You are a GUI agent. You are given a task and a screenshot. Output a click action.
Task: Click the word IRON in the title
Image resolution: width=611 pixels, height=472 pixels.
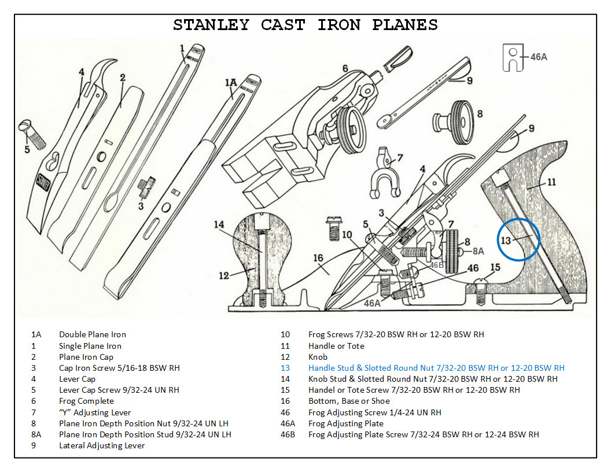pyautogui.click(x=339, y=25)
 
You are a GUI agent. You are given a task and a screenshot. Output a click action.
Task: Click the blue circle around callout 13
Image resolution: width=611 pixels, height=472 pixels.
pyautogui.click(x=518, y=239)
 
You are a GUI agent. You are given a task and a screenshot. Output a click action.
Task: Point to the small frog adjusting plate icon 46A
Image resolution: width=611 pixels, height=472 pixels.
pyautogui.click(x=513, y=57)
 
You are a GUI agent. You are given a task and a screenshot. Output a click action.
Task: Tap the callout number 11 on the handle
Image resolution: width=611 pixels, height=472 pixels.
pyautogui.click(x=551, y=182)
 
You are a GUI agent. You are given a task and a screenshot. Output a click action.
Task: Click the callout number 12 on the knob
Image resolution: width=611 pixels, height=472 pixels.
pyautogui.click(x=224, y=275)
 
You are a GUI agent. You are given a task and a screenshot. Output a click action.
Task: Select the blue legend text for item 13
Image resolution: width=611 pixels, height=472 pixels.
pyautogui.click(x=436, y=368)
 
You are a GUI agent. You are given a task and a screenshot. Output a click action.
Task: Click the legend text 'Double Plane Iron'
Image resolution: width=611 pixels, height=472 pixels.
pyautogui.click(x=92, y=334)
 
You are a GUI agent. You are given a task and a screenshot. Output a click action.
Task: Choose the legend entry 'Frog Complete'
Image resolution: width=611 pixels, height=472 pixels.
pyautogui.click(x=86, y=401)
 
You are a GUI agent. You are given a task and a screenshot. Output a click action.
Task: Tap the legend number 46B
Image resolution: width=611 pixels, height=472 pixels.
pyautogui.click(x=288, y=434)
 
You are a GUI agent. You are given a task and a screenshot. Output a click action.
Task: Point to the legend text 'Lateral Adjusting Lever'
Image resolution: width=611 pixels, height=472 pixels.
pyautogui.click(x=102, y=445)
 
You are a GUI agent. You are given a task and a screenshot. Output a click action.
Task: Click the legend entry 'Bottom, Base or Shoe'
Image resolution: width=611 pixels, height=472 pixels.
pyautogui.click(x=349, y=401)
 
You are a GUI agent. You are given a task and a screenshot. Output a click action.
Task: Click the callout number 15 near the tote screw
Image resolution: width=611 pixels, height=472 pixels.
pyautogui.click(x=495, y=267)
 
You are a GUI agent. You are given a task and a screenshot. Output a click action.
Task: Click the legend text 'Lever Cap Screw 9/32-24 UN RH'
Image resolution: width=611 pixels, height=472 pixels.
pyautogui.click(x=119, y=390)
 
